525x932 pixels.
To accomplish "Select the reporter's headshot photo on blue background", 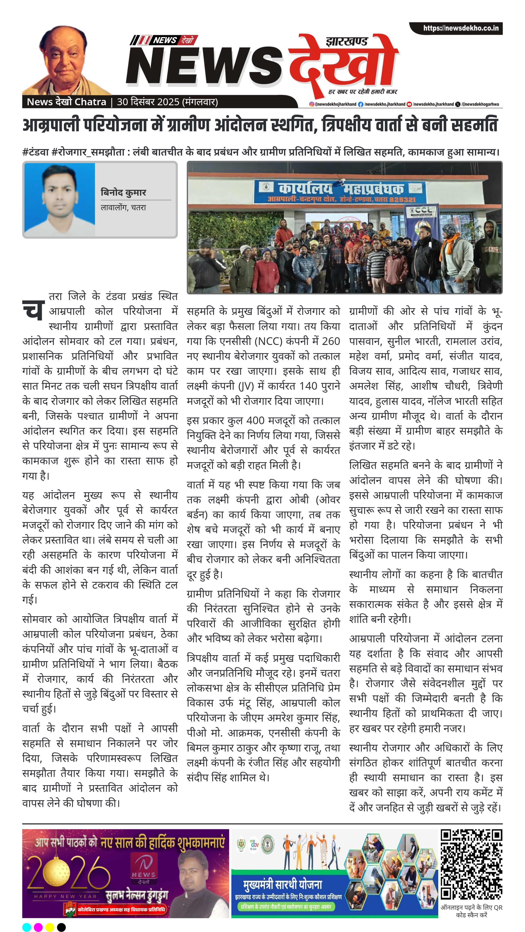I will tap(60, 199).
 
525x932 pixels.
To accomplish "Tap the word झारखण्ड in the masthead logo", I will tap(346, 42).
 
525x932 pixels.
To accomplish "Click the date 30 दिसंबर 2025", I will tap(148, 102).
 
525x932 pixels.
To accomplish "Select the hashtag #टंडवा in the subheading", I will tap(35, 152).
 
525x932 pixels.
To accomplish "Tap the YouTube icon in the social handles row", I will tap(409, 104).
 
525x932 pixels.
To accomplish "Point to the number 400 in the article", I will tap(255, 420).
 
